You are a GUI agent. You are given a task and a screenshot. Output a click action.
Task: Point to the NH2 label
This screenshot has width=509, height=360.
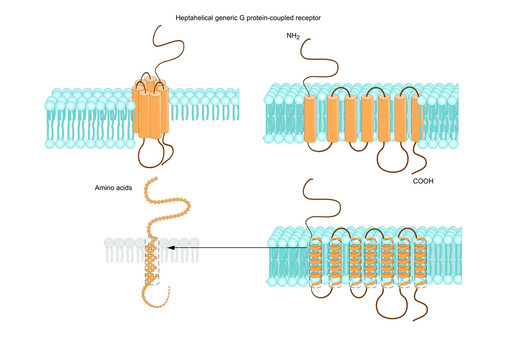(x=293, y=36)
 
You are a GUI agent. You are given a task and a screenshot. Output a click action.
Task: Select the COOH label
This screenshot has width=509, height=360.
(x=425, y=181)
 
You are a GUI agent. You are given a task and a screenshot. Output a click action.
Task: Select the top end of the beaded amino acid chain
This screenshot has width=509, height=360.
(x=152, y=181)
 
